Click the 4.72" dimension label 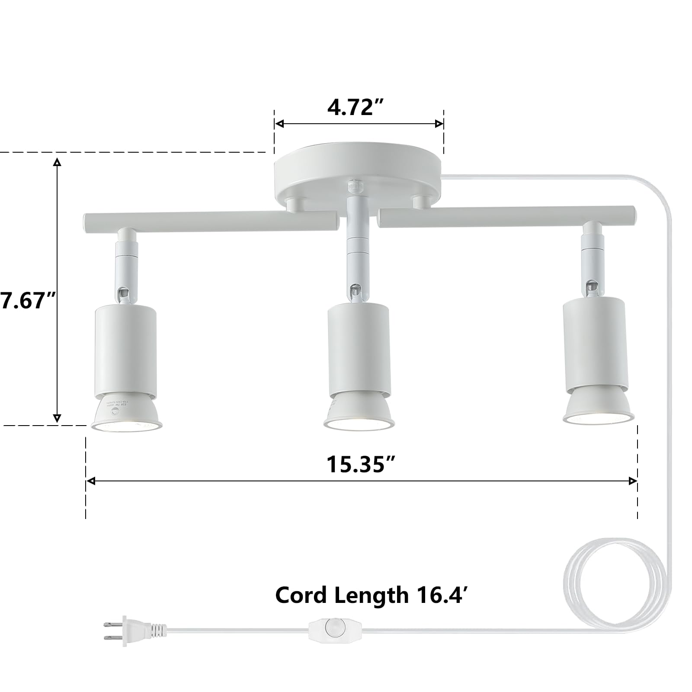coord(356,108)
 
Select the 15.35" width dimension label coord(361,465)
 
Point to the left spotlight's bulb coord(126,413)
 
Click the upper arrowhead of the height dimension coord(57,162)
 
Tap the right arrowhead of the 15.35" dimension coord(633,481)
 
